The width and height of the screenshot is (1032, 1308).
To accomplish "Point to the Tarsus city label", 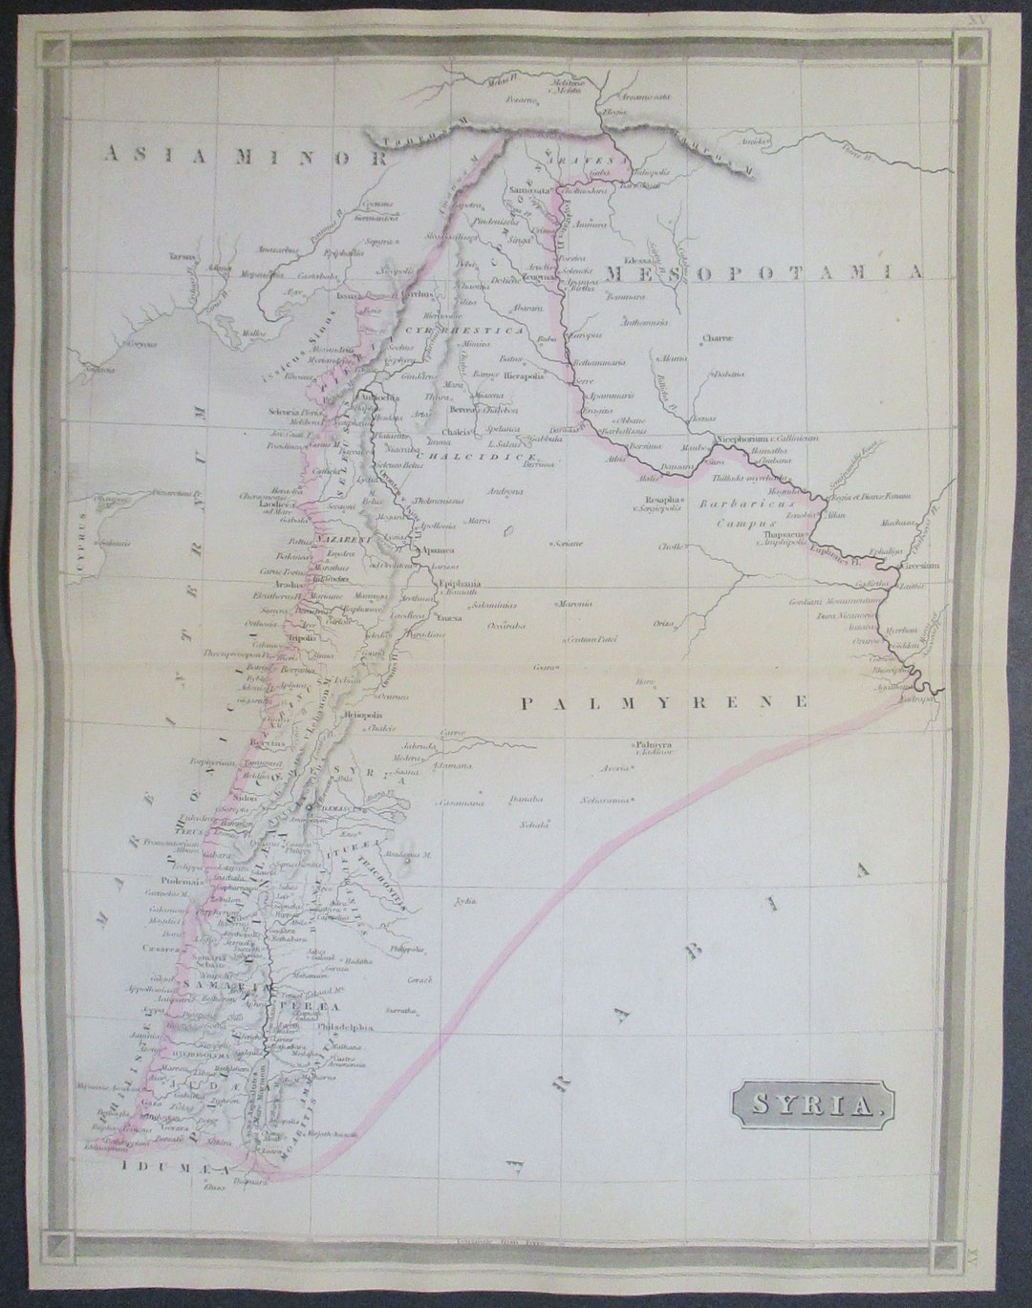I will [183, 257].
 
